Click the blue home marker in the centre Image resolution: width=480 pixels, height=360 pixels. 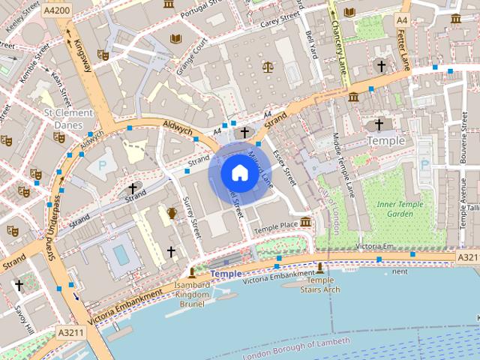click(x=238, y=173)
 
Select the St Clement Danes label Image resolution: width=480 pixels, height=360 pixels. click(x=68, y=118)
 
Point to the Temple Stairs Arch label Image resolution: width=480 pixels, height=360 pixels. click(x=320, y=285)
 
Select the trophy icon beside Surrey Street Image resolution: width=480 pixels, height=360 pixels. click(x=172, y=213)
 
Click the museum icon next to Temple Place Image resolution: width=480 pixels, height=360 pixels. click(x=305, y=222)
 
